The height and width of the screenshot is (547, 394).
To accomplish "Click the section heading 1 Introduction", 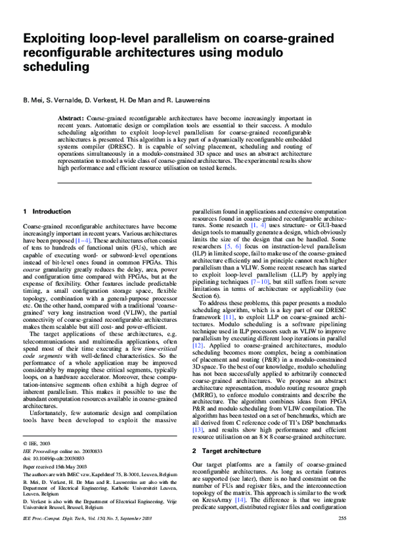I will click(x=47, y=211).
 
